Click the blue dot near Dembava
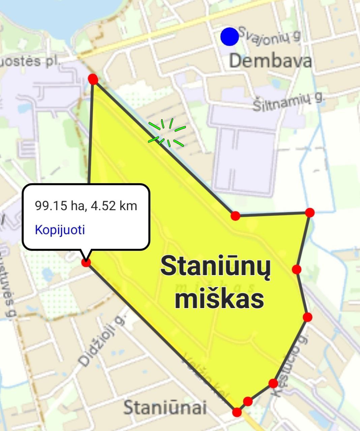pyautogui.click(x=230, y=37)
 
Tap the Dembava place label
pyautogui.click(x=270, y=61)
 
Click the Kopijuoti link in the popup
pyautogui.click(x=60, y=230)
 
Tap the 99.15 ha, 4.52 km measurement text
pyautogui.click(x=86, y=205)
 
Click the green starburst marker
pyautogui.click(x=167, y=133)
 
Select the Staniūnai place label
pyautogui.click(x=165, y=407)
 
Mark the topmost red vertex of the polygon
pyautogui.click(x=93, y=79)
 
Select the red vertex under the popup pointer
pyautogui.click(x=86, y=262)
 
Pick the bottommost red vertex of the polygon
pyautogui.click(x=237, y=412)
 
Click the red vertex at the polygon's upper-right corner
pyautogui.click(x=310, y=212)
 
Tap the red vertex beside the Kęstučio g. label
pyautogui.click(x=273, y=383)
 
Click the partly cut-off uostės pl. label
pyautogui.click(x=30, y=61)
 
